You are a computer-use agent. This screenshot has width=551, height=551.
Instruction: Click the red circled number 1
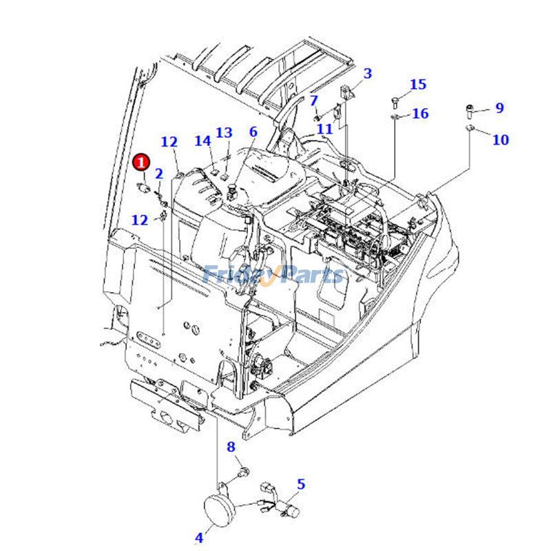click(141, 163)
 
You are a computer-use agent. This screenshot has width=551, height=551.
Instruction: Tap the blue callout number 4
click(199, 537)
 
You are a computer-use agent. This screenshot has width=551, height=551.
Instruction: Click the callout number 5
click(301, 484)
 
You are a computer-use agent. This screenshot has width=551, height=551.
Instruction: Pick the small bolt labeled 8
click(243, 473)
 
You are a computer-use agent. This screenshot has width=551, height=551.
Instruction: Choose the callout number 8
click(231, 448)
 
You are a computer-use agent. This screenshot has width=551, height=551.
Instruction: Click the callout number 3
click(367, 73)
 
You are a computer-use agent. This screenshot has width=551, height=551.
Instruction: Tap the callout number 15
click(418, 85)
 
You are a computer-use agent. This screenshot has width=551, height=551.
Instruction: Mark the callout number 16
click(420, 114)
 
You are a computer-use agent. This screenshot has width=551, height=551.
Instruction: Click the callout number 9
click(499, 107)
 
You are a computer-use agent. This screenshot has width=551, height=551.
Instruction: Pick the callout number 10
click(501, 140)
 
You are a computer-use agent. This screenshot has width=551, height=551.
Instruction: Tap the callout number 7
click(314, 101)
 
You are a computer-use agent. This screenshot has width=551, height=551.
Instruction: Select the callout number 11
click(324, 128)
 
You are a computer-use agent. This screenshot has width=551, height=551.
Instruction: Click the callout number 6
click(253, 132)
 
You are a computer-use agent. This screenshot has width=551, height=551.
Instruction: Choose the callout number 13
click(224, 132)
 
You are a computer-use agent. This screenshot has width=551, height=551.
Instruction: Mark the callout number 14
click(202, 141)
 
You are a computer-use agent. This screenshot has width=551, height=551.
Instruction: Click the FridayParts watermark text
click(273, 275)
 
